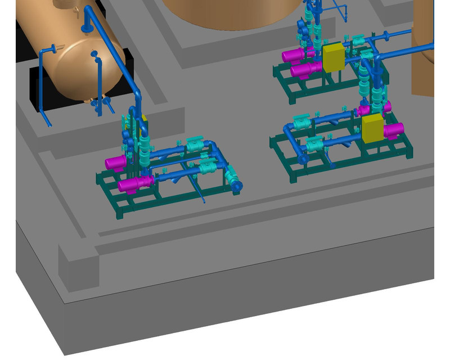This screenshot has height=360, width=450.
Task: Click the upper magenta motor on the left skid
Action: click(x=116, y=163)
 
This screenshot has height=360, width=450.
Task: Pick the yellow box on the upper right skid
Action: click(x=333, y=58)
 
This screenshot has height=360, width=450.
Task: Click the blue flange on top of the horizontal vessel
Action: click(x=86, y=27)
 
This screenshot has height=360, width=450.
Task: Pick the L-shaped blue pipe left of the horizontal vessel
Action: click(x=45, y=84)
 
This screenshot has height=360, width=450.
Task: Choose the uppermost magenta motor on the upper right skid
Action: click(x=292, y=56)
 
